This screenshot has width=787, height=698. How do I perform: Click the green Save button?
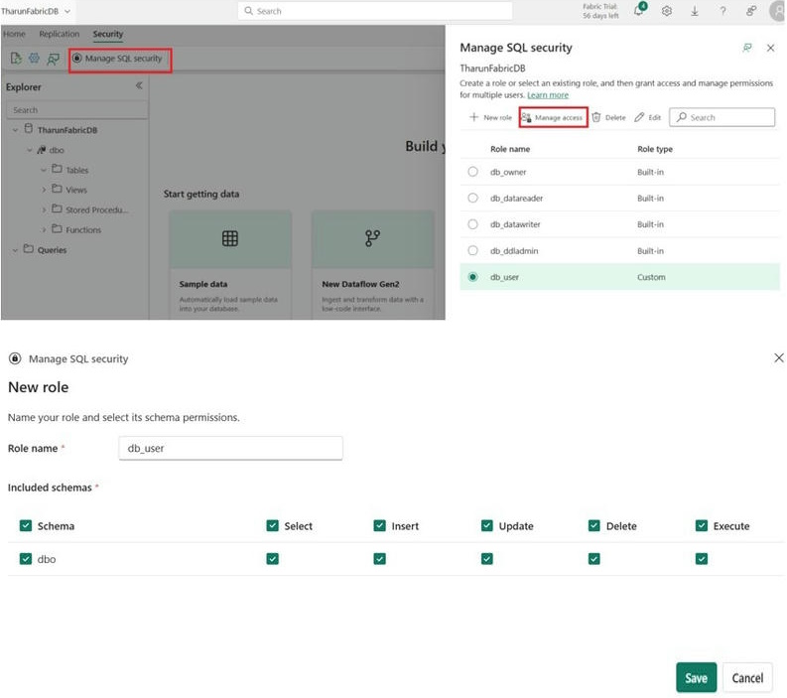(696, 677)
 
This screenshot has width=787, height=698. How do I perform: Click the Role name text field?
(230, 448)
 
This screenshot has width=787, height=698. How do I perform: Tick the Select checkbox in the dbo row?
(273, 559)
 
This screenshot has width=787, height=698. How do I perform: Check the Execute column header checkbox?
(702, 526)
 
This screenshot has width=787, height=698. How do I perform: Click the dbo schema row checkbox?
(26, 559)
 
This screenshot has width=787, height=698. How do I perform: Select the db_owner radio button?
(472, 172)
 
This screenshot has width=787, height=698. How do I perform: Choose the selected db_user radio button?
(472, 277)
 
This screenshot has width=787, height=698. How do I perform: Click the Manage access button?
(553, 117)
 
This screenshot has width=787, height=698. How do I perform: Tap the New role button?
(490, 117)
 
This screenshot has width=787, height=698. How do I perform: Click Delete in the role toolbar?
(608, 117)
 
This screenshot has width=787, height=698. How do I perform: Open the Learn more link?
(548, 95)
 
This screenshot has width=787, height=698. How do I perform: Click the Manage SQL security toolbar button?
(121, 59)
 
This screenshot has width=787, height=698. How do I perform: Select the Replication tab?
(59, 34)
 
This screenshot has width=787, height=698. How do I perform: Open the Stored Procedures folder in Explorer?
(96, 209)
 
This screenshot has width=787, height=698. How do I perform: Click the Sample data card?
(229, 263)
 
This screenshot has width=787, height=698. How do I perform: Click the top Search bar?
(375, 11)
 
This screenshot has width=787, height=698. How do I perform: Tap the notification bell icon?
(639, 11)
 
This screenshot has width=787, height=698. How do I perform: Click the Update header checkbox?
(487, 526)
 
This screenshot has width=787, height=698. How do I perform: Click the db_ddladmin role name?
(514, 250)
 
